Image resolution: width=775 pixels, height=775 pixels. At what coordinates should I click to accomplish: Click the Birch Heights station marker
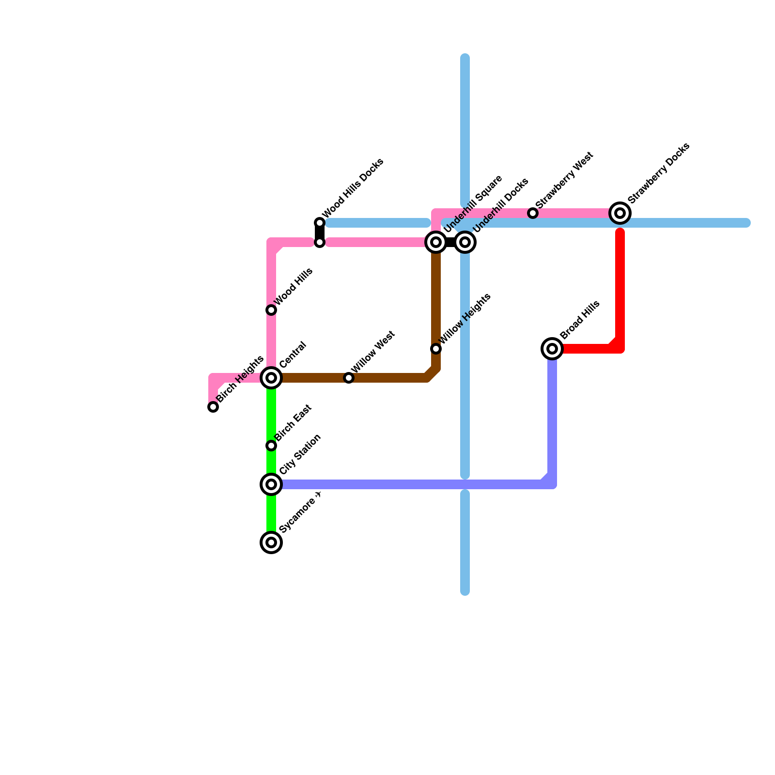pos(213,407)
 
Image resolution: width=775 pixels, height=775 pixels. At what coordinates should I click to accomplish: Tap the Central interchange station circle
pos(272,378)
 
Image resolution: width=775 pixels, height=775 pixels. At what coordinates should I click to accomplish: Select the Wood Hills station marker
pos(272,310)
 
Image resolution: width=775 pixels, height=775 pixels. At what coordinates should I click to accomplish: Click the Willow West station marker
pos(349,378)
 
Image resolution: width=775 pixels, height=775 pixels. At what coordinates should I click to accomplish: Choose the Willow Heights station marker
pos(436,349)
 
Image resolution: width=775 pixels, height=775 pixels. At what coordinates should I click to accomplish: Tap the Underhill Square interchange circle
pos(436,242)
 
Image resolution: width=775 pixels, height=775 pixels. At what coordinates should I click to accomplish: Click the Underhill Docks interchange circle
pos(465,242)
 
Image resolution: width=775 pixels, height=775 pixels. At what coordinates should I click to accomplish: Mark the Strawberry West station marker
pos(533,213)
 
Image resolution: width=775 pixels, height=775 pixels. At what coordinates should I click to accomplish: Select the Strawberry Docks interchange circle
pos(620,213)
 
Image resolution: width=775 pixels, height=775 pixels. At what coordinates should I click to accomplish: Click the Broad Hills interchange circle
pos(552,349)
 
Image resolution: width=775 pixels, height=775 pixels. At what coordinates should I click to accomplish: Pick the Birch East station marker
pos(272,446)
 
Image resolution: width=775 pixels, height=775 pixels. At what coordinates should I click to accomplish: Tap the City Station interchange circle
pos(272,484)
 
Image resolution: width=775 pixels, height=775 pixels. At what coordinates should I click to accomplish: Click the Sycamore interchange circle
pos(272,542)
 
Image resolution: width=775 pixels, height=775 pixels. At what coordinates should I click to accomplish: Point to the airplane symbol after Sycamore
pos(318,495)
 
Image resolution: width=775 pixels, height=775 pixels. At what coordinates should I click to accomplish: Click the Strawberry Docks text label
pos(658,173)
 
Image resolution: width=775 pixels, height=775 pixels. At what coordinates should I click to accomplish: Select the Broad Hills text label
pos(580,320)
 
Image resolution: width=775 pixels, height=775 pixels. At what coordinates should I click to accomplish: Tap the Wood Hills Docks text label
pos(353,188)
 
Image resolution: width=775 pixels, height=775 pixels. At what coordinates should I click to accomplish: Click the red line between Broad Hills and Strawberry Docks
pos(620,291)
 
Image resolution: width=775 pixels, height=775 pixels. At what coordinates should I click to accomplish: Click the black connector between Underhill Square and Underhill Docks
pos(450,242)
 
